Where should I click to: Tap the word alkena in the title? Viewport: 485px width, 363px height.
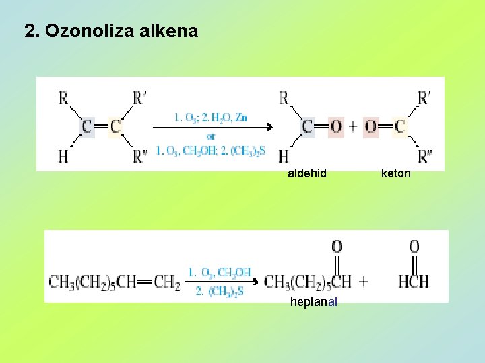(x=172, y=31)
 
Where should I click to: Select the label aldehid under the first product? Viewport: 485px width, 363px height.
(x=307, y=173)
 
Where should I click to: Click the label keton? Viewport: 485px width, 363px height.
(x=396, y=173)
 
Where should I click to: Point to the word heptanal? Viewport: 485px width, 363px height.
(x=314, y=302)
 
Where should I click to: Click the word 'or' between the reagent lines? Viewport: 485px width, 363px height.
(x=211, y=136)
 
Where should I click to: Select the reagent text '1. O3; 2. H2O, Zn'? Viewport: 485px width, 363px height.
(x=211, y=118)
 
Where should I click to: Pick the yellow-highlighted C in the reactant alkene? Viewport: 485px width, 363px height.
(x=116, y=126)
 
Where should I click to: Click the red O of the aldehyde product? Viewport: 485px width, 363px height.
(x=335, y=126)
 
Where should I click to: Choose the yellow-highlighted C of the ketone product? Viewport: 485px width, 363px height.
(x=400, y=126)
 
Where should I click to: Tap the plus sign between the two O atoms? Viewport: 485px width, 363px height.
(x=354, y=126)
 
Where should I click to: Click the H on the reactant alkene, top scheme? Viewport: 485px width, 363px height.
(x=63, y=157)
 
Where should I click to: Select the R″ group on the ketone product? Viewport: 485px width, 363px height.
(x=425, y=157)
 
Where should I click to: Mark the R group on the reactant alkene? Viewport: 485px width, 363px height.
(x=63, y=98)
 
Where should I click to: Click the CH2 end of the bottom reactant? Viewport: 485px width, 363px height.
(x=167, y=281)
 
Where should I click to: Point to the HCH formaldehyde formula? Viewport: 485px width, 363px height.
(x=414, y=281)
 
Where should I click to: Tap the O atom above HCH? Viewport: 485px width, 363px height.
(x=414, y=247)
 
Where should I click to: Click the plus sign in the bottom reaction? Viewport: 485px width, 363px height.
(x=364, y=281)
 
